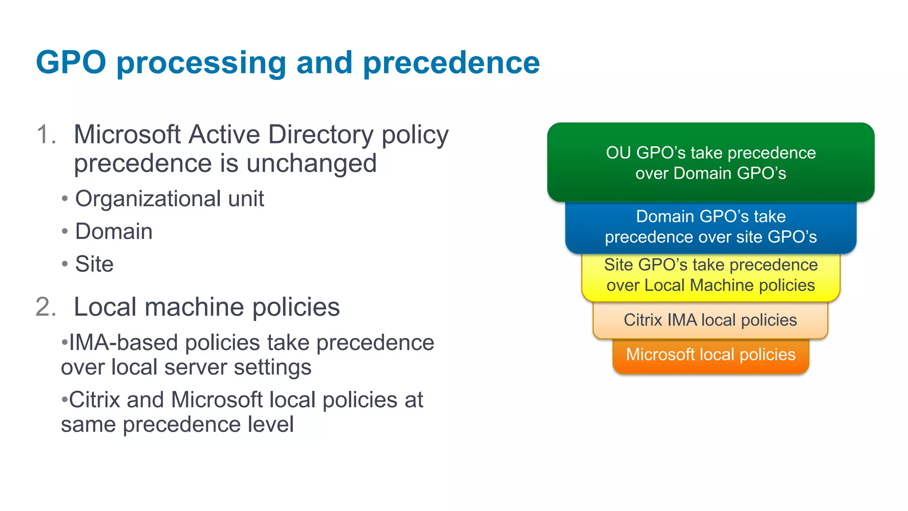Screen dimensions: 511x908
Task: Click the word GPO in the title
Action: [71, 63]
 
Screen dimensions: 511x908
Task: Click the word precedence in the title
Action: [451, 63]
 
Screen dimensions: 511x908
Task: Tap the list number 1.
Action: [46, 134]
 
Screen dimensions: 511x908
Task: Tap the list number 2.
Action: [46, 307]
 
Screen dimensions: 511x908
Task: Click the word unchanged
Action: [311, 163]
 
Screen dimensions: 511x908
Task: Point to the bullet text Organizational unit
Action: [169, 198]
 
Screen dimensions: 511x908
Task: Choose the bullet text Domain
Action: [114, 231]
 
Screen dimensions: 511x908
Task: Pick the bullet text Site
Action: [94, 264]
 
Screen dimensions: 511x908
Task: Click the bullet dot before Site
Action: [65, 264]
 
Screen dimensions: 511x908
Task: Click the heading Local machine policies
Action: [207, 307]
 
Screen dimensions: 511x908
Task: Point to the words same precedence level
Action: [177, 425]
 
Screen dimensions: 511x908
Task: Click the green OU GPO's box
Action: [710, 162]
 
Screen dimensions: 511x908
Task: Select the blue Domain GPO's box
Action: [710, 227]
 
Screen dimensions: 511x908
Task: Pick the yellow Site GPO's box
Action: [710, 275]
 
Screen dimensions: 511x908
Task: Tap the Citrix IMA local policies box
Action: [710, 320]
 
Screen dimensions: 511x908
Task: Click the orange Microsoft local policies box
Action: [710, 355]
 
